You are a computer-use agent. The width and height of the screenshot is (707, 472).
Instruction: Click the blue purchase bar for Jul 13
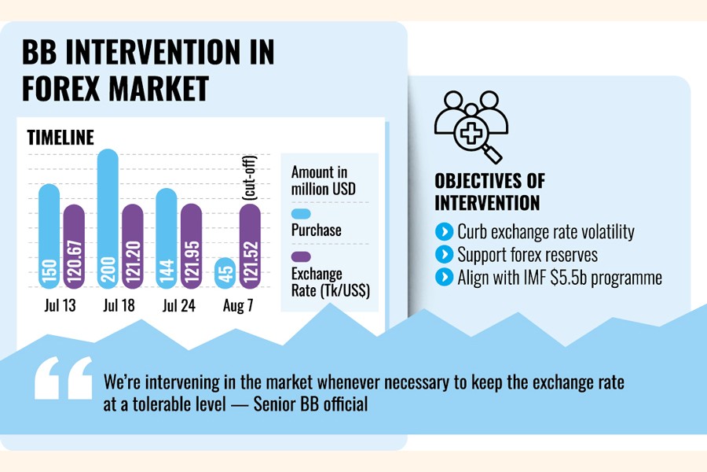coord(49,236)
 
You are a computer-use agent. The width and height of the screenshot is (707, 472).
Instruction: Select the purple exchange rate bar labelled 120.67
coord(74,248)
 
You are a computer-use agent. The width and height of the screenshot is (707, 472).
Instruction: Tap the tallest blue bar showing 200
coord(108,220)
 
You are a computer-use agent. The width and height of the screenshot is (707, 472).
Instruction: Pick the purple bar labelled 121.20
coord(133,248)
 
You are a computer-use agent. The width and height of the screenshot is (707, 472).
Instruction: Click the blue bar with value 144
coord(167,240)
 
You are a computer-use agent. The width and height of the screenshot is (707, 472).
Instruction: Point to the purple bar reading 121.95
coord(192,248)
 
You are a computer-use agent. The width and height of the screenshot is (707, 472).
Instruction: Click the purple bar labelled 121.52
coord(251,248)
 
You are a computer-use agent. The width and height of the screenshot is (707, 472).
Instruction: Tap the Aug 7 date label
coord(237,306)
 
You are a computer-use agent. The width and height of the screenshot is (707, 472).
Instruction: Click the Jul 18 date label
coord(119,306)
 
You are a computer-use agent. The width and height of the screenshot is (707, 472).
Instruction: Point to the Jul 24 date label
coord(178,306)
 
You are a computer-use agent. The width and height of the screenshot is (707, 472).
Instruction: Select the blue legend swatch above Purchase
coord(301,214)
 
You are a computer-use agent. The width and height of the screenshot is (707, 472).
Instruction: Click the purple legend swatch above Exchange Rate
coord(301,257)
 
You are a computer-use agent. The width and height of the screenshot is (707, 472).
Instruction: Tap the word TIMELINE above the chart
coord(60,138)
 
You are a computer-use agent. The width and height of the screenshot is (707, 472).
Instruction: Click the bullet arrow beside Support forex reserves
coord(444,254)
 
